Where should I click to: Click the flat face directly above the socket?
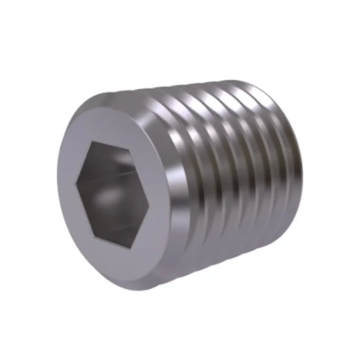pos(113,125)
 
